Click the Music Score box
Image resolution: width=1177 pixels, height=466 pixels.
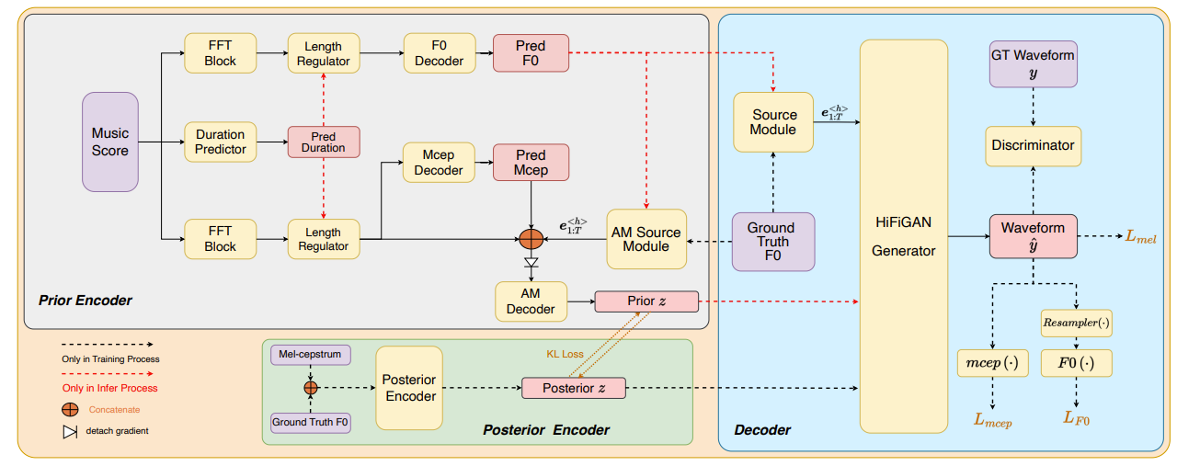[x=110, y=142]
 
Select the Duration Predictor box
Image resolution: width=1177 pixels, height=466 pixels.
[x=220, y=142]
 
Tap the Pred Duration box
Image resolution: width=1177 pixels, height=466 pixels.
[x=324, y=142]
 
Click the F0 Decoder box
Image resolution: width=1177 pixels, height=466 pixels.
[x=440, y=53]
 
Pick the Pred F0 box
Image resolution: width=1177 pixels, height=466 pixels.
[x=531, y=53]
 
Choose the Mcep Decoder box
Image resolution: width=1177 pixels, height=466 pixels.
[x=439, y=163]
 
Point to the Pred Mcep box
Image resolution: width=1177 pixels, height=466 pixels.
[x=531, y=163]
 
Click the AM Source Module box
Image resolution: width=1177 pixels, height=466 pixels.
[x=646, y=239]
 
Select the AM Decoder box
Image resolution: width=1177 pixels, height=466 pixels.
[x=531, y=301]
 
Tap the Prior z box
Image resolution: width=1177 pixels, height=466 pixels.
[x=646, y=301]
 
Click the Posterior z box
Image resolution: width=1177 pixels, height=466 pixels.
[x=574, y=388]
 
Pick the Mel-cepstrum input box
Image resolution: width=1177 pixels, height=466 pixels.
[x=311, y=355]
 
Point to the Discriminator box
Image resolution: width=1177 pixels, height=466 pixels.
[x=1033, y=146]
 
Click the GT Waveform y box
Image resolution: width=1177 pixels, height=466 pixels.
[x=1033, y=64]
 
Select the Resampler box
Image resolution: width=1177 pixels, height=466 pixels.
[x=1076, y=324]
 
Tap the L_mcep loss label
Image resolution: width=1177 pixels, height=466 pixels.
[x=992, y=420]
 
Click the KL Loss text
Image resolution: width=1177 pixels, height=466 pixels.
[x=565, y=354]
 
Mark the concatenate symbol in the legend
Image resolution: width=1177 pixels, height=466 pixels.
[x=70, y=410]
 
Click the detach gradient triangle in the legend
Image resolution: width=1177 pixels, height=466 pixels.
[x=70, y=432]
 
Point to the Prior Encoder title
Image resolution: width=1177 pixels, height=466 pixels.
[x=86, y=301]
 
